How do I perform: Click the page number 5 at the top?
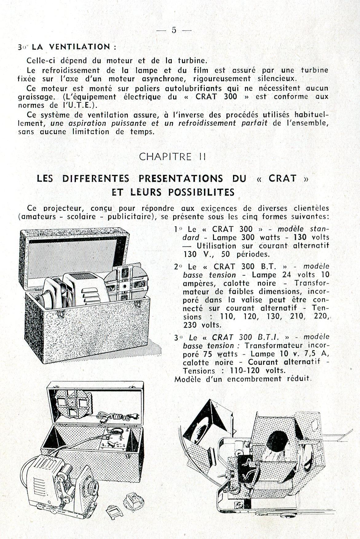174,30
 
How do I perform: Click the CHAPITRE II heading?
172,157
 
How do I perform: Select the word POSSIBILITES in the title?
201,192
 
